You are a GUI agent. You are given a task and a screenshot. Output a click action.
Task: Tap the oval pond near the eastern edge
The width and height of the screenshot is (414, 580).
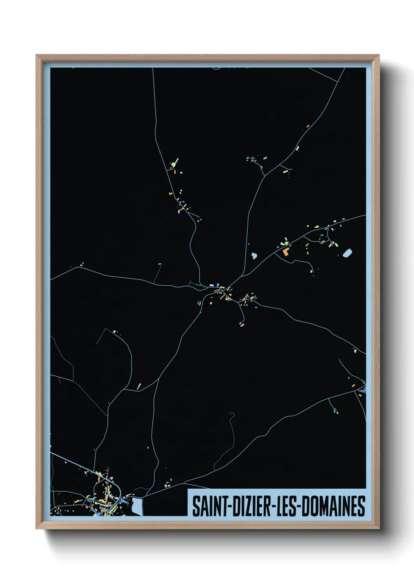tap(347, 253)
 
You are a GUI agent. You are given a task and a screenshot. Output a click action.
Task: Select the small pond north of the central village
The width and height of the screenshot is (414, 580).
tap(254, 256)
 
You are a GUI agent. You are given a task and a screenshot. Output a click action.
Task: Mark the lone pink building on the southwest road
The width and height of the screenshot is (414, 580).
tap(139, 386)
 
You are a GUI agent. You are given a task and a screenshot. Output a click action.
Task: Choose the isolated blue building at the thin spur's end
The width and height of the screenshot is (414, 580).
tap(159, 264)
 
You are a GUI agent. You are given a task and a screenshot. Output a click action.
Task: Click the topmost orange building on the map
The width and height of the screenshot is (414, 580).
tap(308, 126)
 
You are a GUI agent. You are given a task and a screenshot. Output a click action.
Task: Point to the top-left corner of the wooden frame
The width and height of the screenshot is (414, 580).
tap(37, 56)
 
